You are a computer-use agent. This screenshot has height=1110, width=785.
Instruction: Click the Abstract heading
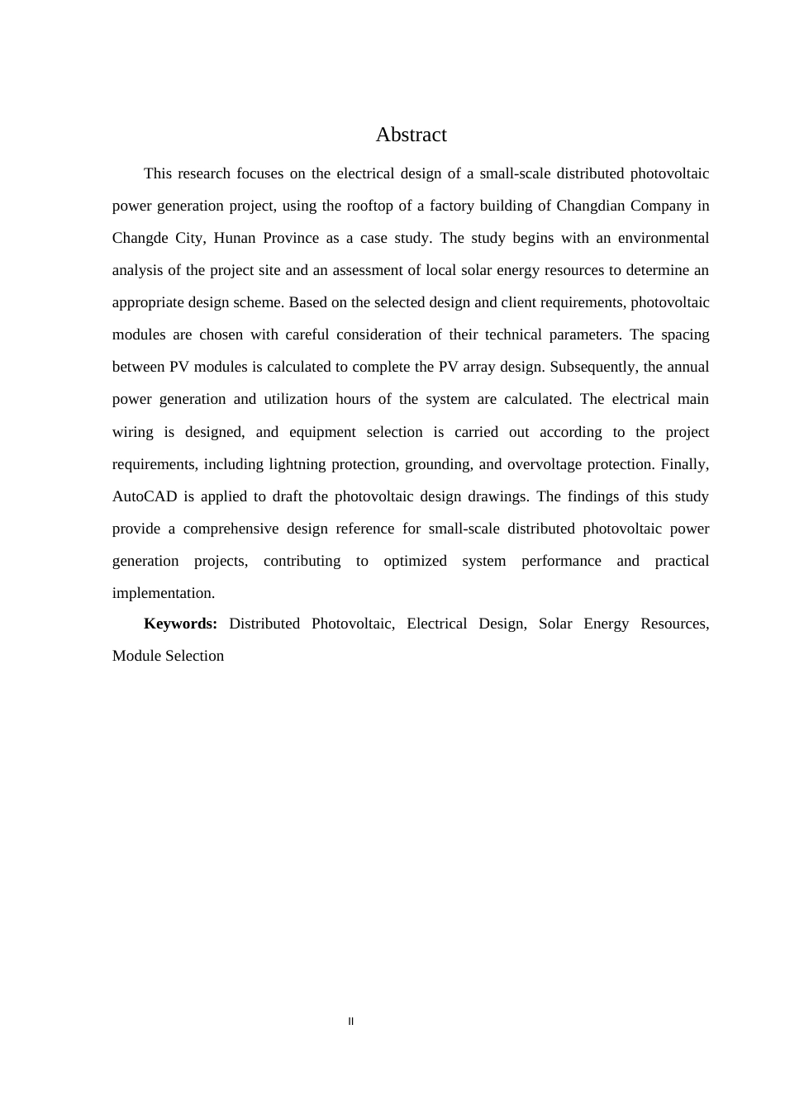411,135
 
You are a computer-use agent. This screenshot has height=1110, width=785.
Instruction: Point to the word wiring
133,432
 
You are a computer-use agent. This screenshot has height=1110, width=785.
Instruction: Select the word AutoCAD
145,496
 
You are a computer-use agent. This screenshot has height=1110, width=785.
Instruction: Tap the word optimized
415,561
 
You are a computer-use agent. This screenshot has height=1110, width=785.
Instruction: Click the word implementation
163,593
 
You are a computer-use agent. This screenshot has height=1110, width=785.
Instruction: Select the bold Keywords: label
180,624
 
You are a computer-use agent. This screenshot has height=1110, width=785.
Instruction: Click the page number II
351,1022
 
